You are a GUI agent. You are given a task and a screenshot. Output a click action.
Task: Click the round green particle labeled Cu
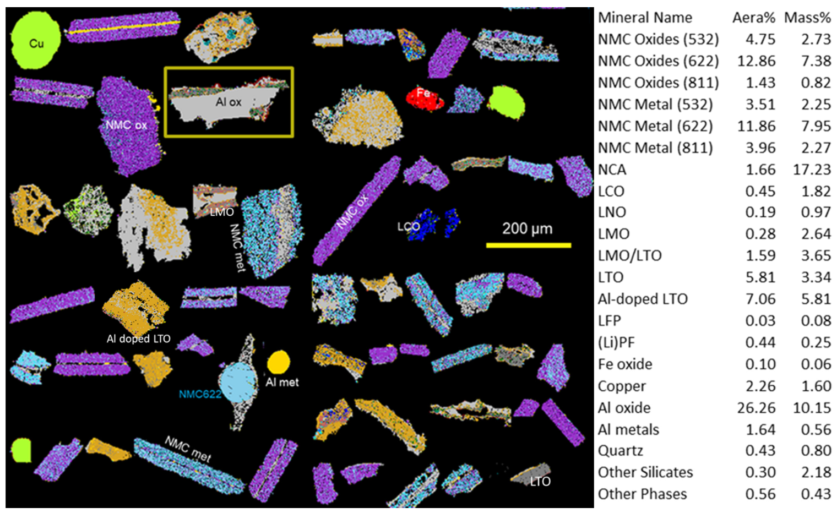(x=35, y=42)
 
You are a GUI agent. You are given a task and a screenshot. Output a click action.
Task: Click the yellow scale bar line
(x=528, y=245)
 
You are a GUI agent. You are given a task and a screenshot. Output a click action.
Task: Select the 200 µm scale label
(x=527, y=228)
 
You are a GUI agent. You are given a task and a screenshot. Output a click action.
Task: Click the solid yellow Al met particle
(x=279, y=362)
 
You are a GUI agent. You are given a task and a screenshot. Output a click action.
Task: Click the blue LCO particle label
(x=409, y=226)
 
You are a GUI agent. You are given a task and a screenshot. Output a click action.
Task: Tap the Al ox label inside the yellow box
(x=229, y=102)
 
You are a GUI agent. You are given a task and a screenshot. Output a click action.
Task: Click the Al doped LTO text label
(x=138, y=339)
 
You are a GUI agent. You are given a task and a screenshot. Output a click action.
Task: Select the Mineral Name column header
(x=645, y=18)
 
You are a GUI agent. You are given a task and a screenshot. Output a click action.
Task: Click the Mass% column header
(x=807, y=18)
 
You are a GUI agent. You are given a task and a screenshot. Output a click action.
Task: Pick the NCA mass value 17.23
(x=812, y=170)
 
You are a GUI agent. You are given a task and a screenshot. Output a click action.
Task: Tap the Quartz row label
(x=620, y=451)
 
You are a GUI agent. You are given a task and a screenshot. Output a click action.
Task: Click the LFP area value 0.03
(x=760, y=321)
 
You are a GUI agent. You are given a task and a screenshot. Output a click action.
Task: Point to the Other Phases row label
(x=642, y=494)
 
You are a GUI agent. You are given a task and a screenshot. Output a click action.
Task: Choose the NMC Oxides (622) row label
(x=658, y=61)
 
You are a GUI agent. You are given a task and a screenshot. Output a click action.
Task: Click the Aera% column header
(x=753, y=18)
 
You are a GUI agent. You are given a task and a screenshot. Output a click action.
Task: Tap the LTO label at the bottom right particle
(x=540, y=482)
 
